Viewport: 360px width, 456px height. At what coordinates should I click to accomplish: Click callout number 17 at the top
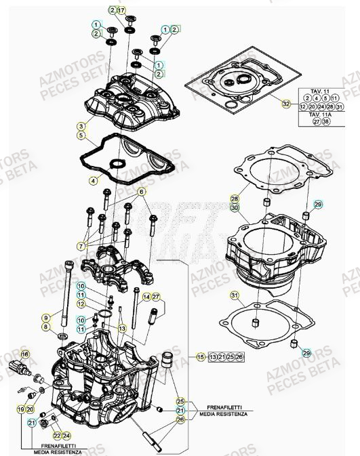click(121, 11)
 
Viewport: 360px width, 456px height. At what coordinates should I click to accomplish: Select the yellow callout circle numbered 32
click(286, 104)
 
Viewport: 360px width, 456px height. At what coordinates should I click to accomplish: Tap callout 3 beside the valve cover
click(81, 126)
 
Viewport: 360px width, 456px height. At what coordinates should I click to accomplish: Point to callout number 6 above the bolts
click(142, 192)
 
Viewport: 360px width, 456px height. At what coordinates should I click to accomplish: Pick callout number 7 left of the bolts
click(81, 245)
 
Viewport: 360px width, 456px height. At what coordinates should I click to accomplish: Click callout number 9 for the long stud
click(46, 317)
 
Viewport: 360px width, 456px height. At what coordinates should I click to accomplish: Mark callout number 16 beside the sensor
click(25, 354)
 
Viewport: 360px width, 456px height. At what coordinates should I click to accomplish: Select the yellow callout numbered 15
click(201, 356)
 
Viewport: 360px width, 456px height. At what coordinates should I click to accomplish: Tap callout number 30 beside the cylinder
click(235, 208)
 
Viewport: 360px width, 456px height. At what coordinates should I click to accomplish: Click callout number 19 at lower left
click(21, 409)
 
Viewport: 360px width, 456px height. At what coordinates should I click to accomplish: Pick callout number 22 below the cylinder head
click(57, 436)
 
